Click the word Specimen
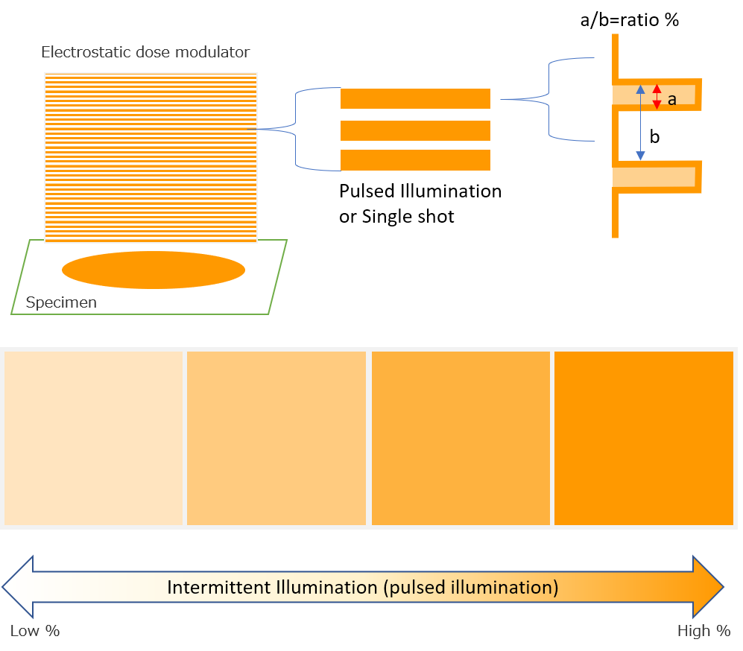click(61, 303)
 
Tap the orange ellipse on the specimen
click(154, 270)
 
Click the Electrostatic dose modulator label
click(145, 53)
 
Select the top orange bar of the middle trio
click(415, 99)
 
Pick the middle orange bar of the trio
click(415, 130)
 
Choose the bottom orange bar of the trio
click(415, 160)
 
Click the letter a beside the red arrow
click(672, 99)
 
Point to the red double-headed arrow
click(657, 97)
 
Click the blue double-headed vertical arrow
click(640, 123)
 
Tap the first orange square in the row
click(94, 438)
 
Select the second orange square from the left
click(276, 438)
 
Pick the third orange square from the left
click(461, 438)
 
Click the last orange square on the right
click(644, 438)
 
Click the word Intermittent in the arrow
click(219, 587)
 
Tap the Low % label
click(35, 631)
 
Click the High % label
click(703, 631)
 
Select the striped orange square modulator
click(151, 157)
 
